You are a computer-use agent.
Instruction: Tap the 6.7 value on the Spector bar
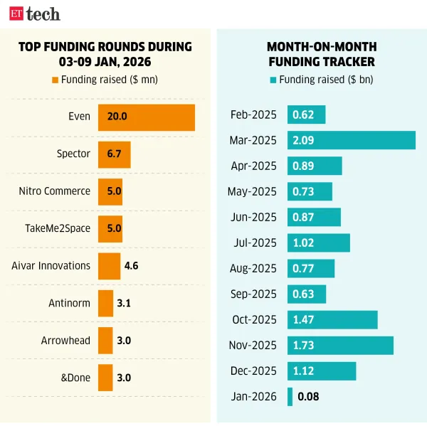(115, 154)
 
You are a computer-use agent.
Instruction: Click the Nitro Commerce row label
(55, 191)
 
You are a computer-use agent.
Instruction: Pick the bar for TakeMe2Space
(110, 228)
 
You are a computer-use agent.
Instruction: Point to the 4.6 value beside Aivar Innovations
(131, 266)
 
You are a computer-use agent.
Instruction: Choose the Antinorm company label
(69, 303)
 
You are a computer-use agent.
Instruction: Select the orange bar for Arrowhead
(105, 341)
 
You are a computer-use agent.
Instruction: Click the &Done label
(75, 378)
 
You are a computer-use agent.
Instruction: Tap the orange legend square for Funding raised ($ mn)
(55, 80)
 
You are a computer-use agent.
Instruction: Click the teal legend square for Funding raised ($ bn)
(274, 80)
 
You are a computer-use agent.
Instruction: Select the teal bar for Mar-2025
(351, 140)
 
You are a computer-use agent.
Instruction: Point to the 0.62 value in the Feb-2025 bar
(303, 115)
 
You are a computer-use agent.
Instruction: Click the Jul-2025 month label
(255, 243)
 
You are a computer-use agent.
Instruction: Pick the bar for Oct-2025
(332, 319)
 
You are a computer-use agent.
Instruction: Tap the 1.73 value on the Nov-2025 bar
(304, 345)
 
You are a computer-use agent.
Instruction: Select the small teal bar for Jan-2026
(290, 397)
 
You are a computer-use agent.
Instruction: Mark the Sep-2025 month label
(253, 294)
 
